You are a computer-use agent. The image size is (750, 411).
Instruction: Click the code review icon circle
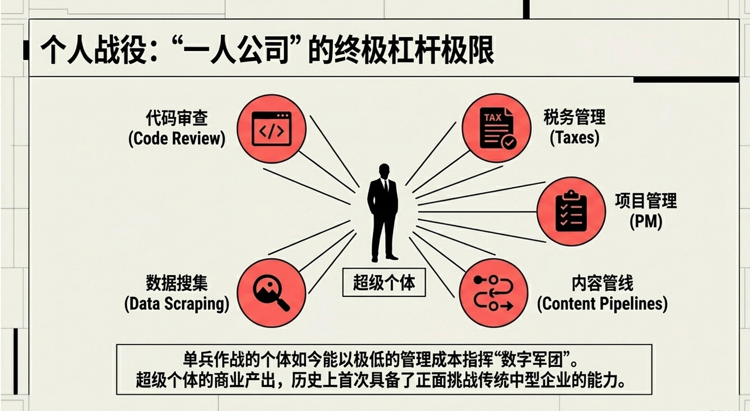coord(271,129)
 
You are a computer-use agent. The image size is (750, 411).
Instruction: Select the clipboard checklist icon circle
coord(571,211)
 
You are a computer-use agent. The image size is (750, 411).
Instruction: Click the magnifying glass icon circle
coord(271,292)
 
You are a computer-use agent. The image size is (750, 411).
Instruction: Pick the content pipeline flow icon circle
coord(493,292)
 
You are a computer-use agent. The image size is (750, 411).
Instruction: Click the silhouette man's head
coord(384,172)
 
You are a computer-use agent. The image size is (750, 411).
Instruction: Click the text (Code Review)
coord(177,139)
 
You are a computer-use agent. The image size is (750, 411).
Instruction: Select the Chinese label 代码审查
coord(177,119)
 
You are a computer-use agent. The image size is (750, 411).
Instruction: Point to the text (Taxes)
coord(574,138)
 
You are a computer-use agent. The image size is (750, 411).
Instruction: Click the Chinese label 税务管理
coord(574,118)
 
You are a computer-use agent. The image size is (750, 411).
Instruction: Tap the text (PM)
coord(645,221)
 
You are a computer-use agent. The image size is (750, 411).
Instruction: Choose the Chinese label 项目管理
coord(645,201)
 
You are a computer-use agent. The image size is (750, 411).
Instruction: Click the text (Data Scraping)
coord(177,303)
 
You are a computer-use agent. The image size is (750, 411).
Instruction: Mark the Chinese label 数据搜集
coord(177,283)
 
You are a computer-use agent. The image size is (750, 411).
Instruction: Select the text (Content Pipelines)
coord(602,303)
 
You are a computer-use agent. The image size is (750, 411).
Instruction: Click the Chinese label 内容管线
coord(602,283)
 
